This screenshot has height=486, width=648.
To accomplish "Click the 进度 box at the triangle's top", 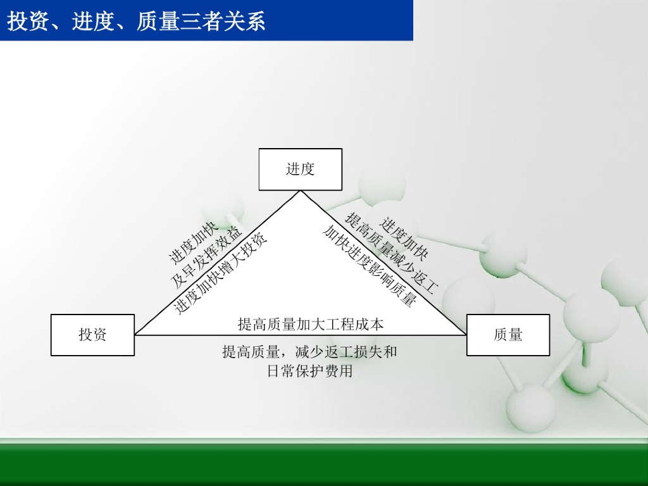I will tap(301, 169).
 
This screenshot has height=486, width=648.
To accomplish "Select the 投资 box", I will tap(92, 335).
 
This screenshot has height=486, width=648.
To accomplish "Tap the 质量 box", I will tap(508, 335).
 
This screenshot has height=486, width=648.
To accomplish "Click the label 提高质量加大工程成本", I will tap(311, 325).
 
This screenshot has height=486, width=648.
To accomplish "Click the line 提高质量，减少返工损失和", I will tap(309, 352).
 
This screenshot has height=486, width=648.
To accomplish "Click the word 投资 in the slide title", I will tap(25, 22).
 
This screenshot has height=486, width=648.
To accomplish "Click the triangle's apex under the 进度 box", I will tap(301, 191).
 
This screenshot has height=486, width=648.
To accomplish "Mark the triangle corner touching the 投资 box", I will tap(136, 335).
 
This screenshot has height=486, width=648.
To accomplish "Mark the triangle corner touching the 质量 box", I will tap(466, 335).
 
